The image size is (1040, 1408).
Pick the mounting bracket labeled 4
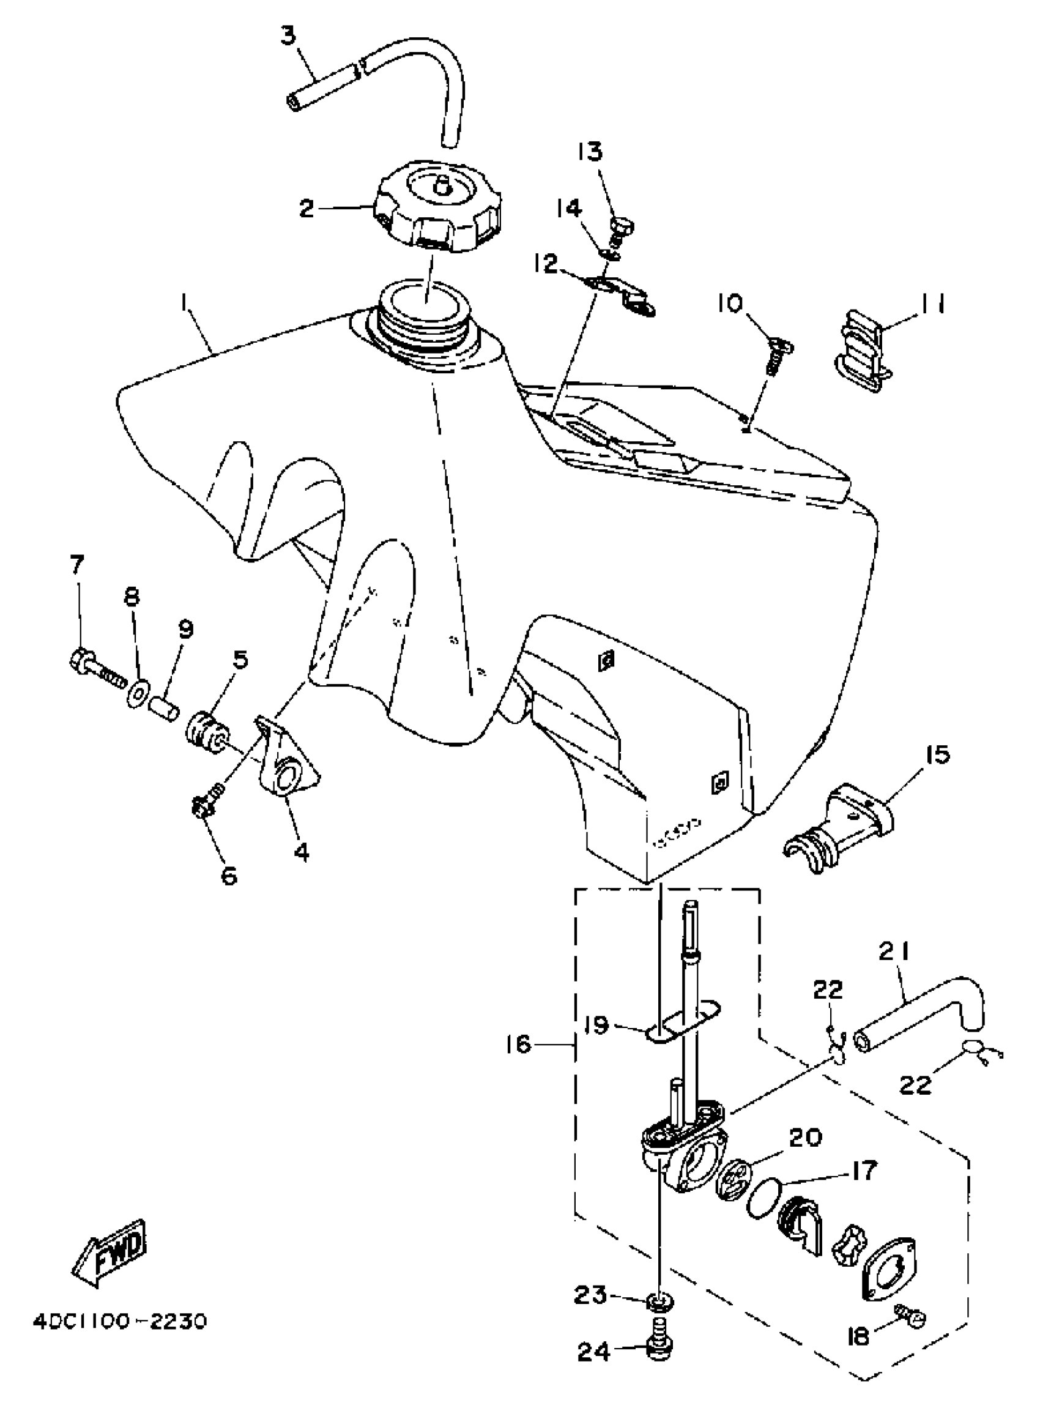click(287, 761)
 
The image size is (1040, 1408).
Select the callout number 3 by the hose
click(288, 36)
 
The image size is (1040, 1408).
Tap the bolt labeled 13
click(622, 231)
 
